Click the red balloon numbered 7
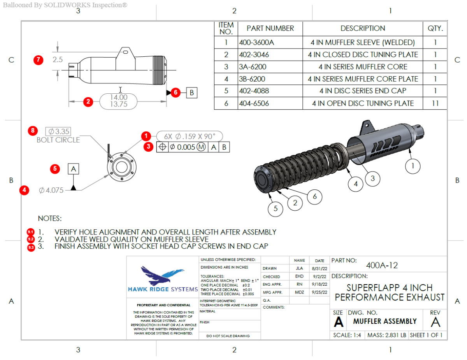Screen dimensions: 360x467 [38, 60]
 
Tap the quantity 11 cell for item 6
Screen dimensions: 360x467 [435, 103]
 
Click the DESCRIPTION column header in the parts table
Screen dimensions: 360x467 [362, 28]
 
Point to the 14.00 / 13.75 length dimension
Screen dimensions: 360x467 [119, 101]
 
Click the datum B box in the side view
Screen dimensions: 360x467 [191, 93]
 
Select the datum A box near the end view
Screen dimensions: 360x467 [73, 169]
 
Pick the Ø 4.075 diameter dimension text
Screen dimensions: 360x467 [51, 190]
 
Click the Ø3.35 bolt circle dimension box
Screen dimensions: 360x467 [58, 131]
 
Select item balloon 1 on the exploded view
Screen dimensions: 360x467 [413, 166]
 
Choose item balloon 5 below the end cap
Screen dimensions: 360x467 [276, 209]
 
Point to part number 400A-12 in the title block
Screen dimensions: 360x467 [382, 266]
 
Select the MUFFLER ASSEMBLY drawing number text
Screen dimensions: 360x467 [384, 322]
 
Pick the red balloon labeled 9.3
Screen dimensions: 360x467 [31, 247]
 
